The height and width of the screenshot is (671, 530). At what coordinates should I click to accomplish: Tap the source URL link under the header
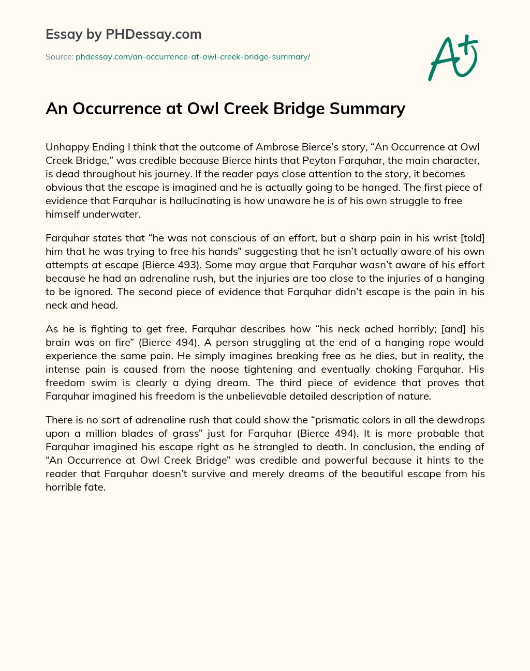click(193, 57)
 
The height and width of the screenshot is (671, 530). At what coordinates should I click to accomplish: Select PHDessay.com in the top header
click(153, 34)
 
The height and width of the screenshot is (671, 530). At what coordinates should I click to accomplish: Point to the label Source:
click(59, 57)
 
